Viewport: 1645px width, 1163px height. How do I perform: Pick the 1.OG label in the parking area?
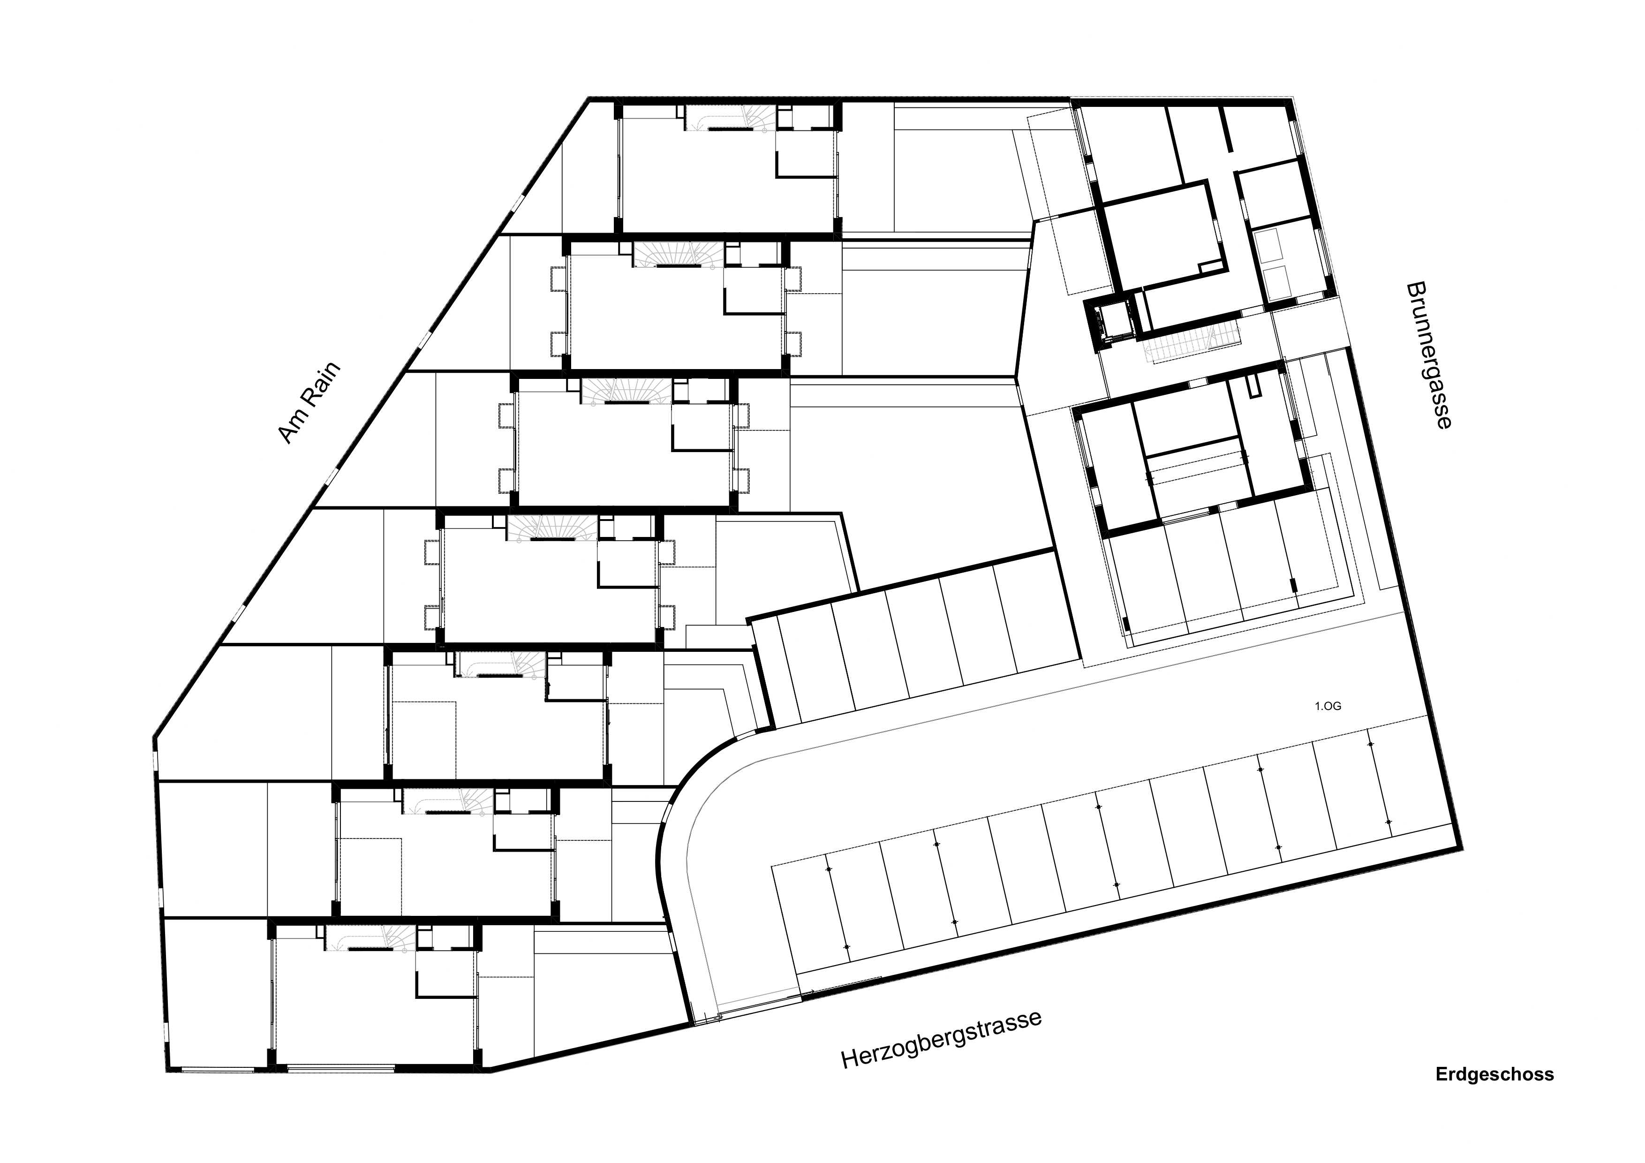click(x=1327, y=706)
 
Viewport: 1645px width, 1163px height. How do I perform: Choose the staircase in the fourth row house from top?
click(x=551, y=529)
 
